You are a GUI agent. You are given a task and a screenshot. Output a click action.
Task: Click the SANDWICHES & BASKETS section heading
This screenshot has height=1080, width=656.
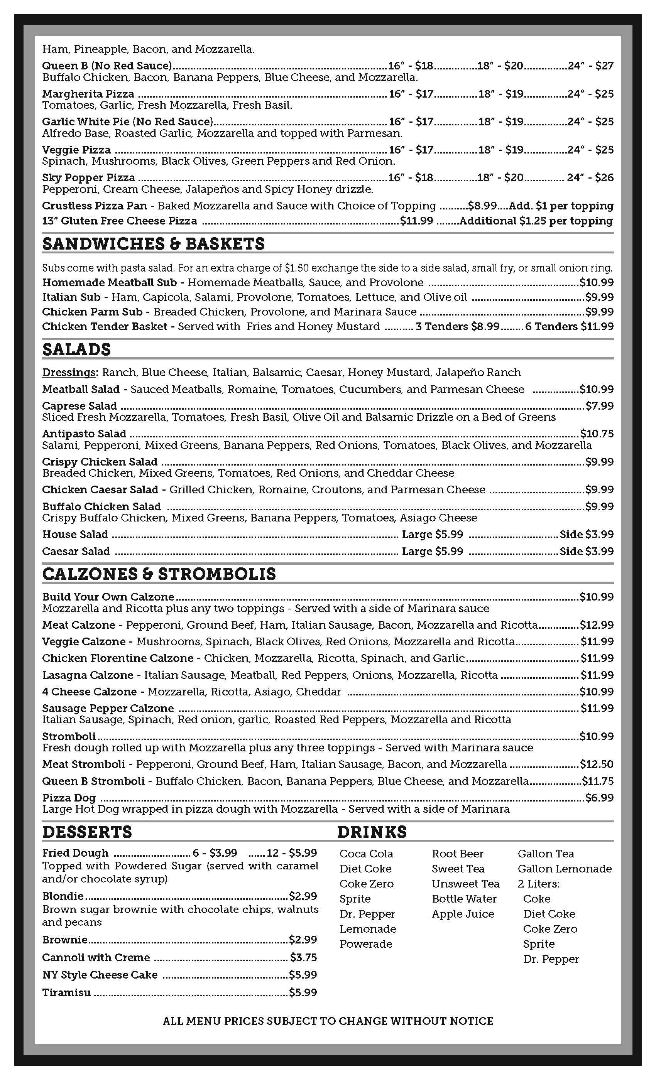154,244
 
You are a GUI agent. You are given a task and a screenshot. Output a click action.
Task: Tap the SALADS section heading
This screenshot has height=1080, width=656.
76,350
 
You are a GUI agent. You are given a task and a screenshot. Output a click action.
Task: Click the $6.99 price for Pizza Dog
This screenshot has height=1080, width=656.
599,798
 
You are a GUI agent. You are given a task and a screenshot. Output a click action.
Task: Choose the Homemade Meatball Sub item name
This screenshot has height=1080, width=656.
109,283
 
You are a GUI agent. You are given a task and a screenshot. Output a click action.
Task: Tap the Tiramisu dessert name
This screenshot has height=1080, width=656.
66,992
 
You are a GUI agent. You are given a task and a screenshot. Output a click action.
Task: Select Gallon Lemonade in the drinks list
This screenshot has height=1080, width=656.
564,869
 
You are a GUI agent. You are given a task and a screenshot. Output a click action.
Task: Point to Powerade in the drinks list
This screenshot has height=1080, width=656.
366,944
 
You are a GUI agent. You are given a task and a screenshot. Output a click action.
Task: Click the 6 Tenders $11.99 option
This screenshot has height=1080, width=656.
569,327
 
